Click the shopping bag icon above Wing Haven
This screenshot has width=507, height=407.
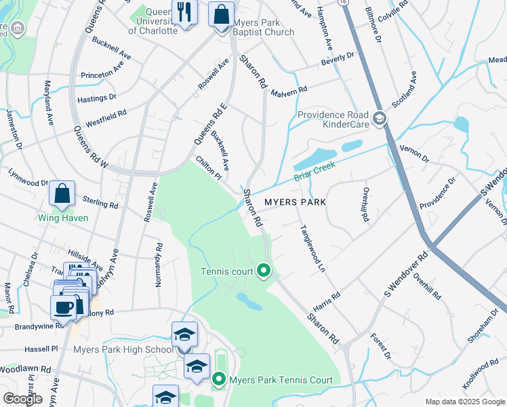tap(62, 193)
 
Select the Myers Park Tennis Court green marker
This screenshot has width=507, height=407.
tap(219, 380)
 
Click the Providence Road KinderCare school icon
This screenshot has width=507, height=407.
tap(380, 119)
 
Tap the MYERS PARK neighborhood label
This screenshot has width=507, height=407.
tap(295, 202)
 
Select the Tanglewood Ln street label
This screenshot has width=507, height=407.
tap(309, 249)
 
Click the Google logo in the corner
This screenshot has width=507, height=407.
tap(23, 398)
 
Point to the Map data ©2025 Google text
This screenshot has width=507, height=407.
tap(464, 402)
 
